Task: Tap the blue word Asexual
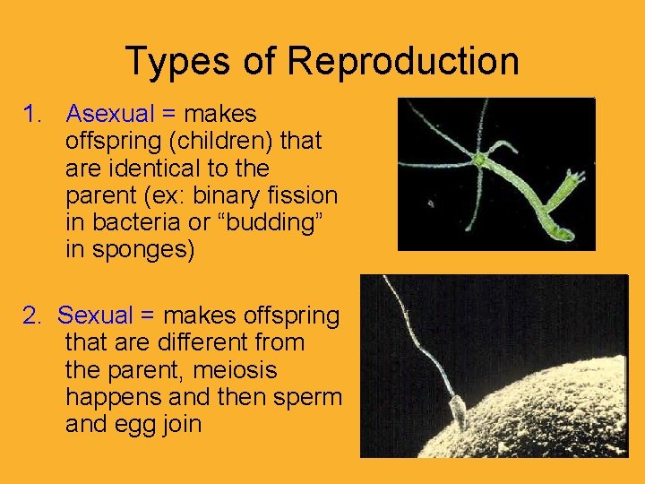pos(111,115)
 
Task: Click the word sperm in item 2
pos(309,396)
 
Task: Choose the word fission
pos(306,195)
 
